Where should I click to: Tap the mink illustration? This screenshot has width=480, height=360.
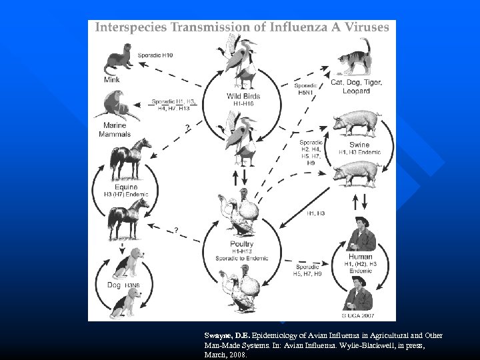119,61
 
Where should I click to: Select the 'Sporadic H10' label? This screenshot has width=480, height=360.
155,55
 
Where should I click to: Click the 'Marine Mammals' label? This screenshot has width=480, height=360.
115,129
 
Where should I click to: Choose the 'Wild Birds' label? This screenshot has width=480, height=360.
243,96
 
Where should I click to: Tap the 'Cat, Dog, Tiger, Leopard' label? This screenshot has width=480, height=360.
356,86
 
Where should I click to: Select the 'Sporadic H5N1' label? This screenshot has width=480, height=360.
307,89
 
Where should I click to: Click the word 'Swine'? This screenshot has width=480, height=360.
359,145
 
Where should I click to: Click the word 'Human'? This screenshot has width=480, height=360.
360,257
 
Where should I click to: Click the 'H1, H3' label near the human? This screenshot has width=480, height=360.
316,213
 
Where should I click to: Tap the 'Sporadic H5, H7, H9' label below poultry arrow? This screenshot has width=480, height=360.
308,270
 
